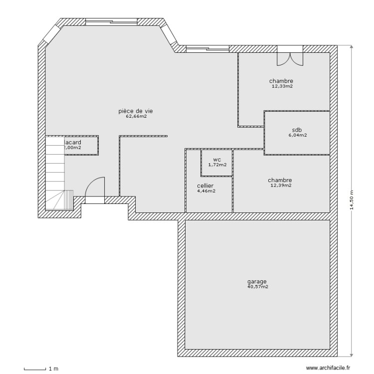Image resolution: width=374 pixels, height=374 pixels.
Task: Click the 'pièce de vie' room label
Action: point(136,111)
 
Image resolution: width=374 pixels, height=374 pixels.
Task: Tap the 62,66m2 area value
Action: point(136,117)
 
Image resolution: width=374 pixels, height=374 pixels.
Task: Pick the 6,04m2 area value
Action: point(297,135)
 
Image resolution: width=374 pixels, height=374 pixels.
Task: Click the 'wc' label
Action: point(217,159)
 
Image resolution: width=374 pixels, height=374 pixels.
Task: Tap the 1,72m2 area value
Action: point(217,165)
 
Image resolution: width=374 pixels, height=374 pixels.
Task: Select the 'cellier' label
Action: point(205,186)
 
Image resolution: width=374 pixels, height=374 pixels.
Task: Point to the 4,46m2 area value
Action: point(205,191)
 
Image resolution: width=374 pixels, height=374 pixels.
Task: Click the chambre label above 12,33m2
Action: point(281,81)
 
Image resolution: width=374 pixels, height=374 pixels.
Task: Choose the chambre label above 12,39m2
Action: point(280,180)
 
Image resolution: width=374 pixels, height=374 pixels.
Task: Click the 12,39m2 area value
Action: point(280,186)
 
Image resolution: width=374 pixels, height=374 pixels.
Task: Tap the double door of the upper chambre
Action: point(290,57)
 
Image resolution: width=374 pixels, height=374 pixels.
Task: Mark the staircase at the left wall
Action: point(56,175)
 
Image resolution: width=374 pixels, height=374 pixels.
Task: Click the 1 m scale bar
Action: point(35,369)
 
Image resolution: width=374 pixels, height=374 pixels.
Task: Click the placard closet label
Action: point(73,143)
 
